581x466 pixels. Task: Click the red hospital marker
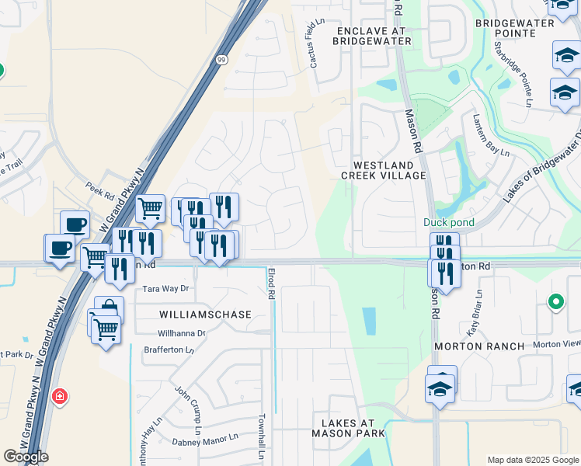[59, 398]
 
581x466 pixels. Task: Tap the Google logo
[26, 457]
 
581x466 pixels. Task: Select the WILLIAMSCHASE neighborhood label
[206, 315]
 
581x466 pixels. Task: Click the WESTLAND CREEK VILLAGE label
[389, 170]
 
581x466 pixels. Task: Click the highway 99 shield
[222, 60]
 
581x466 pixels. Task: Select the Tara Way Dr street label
[165, 289]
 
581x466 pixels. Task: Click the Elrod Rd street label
[271, 284]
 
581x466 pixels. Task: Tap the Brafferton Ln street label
[169, 350]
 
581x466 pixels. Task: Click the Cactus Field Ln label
[313, 44]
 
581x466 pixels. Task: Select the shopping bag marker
[109, 309]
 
